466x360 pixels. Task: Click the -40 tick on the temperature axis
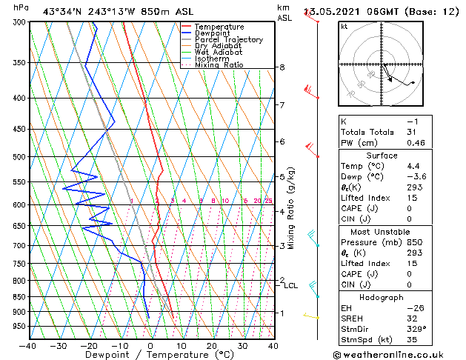[28, 345]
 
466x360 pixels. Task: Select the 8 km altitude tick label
[282, 67]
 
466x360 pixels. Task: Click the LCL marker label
[290, 285]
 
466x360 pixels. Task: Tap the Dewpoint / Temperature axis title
[150, 355]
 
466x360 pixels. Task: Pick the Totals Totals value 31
[412, 132]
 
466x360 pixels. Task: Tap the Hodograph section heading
[382, 296]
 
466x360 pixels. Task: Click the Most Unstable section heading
[382, 231]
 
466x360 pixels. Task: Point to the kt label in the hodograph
[344, 27]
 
